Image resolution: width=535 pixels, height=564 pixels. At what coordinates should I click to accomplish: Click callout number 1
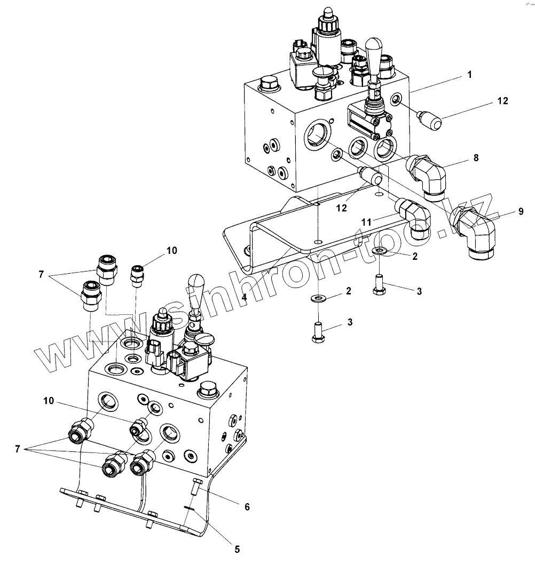click(x=469, y=75)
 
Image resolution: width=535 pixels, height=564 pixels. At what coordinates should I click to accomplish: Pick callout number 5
click(x=237, y=548)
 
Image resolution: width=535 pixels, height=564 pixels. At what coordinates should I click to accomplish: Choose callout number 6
click(x=247, y=507)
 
